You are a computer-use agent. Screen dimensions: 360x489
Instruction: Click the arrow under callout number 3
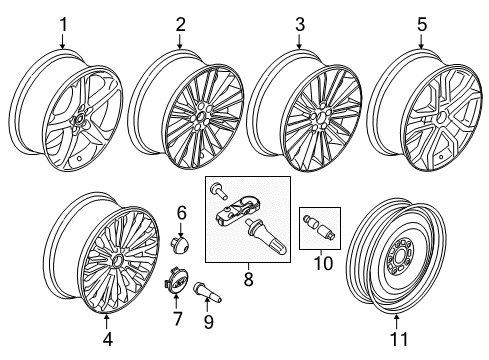tap(299, 40)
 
